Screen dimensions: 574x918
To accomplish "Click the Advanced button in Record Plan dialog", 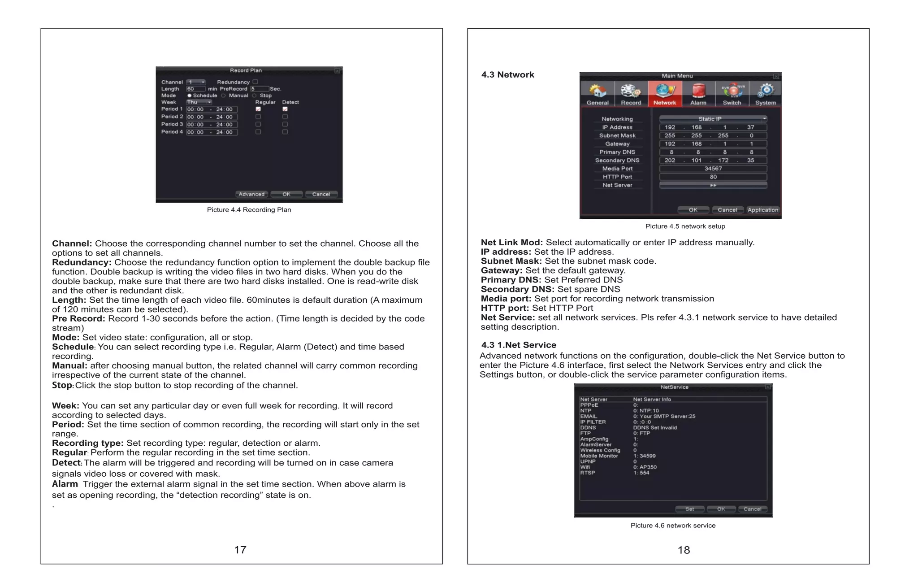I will [x=251, y=194].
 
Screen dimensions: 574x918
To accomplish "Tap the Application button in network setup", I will [x=762, y=210].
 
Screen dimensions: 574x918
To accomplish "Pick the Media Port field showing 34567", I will [x=713, y=169].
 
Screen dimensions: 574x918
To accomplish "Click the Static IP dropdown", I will [x=713, y=119].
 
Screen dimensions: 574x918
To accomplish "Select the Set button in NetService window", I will [x=689, y=509].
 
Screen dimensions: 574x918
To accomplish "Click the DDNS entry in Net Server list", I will [x=588, y=427].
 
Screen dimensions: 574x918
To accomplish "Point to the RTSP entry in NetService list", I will [x=588, y=473].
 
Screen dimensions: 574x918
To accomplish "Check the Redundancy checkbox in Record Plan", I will [x=255, y=82].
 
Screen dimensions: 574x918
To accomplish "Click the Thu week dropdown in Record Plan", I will [x=199, y=102].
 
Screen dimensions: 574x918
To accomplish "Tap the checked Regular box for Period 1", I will [x=258, y=109].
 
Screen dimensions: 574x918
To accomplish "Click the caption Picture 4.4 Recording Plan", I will [x=249, y=210].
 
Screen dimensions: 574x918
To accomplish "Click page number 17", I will [x=240, y=550].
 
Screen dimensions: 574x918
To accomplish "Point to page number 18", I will [x=684, y=550].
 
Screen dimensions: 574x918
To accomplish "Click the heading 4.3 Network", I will [x=507, y=75].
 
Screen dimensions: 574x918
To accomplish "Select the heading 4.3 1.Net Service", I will [x=519, y=345].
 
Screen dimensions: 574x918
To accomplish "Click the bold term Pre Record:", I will [x=78, y=318].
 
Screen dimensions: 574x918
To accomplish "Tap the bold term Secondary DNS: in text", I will [x=517, y=289].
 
